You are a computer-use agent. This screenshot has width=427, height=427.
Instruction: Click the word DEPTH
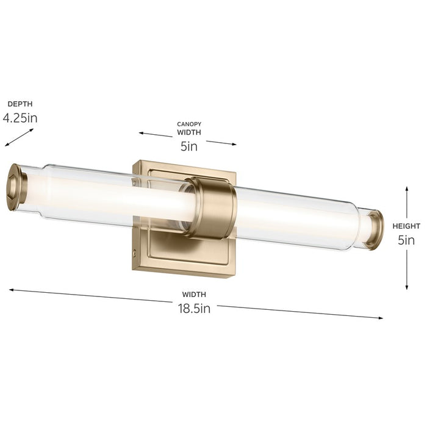pyautogui.click(x=20, y=104)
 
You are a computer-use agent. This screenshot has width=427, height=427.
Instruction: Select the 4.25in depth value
pyautogui.click(x=20, y=118)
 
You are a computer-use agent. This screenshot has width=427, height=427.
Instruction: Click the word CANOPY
pyautogui.click(x=189, y=124)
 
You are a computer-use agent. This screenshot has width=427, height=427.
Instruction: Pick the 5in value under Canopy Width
pyautogui.click(x=188, y=146)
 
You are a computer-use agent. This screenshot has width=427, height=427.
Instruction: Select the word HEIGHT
pyautogui.click(x=406, y=225)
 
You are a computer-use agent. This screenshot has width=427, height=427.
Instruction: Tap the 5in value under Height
pyautogui.click(x=406, y=240)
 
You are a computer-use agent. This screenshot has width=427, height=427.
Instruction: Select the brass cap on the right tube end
pyautogui.click(x=374, y=229)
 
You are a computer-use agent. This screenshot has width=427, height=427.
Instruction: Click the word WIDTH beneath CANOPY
pyautogui.click(x=189, y=132)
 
